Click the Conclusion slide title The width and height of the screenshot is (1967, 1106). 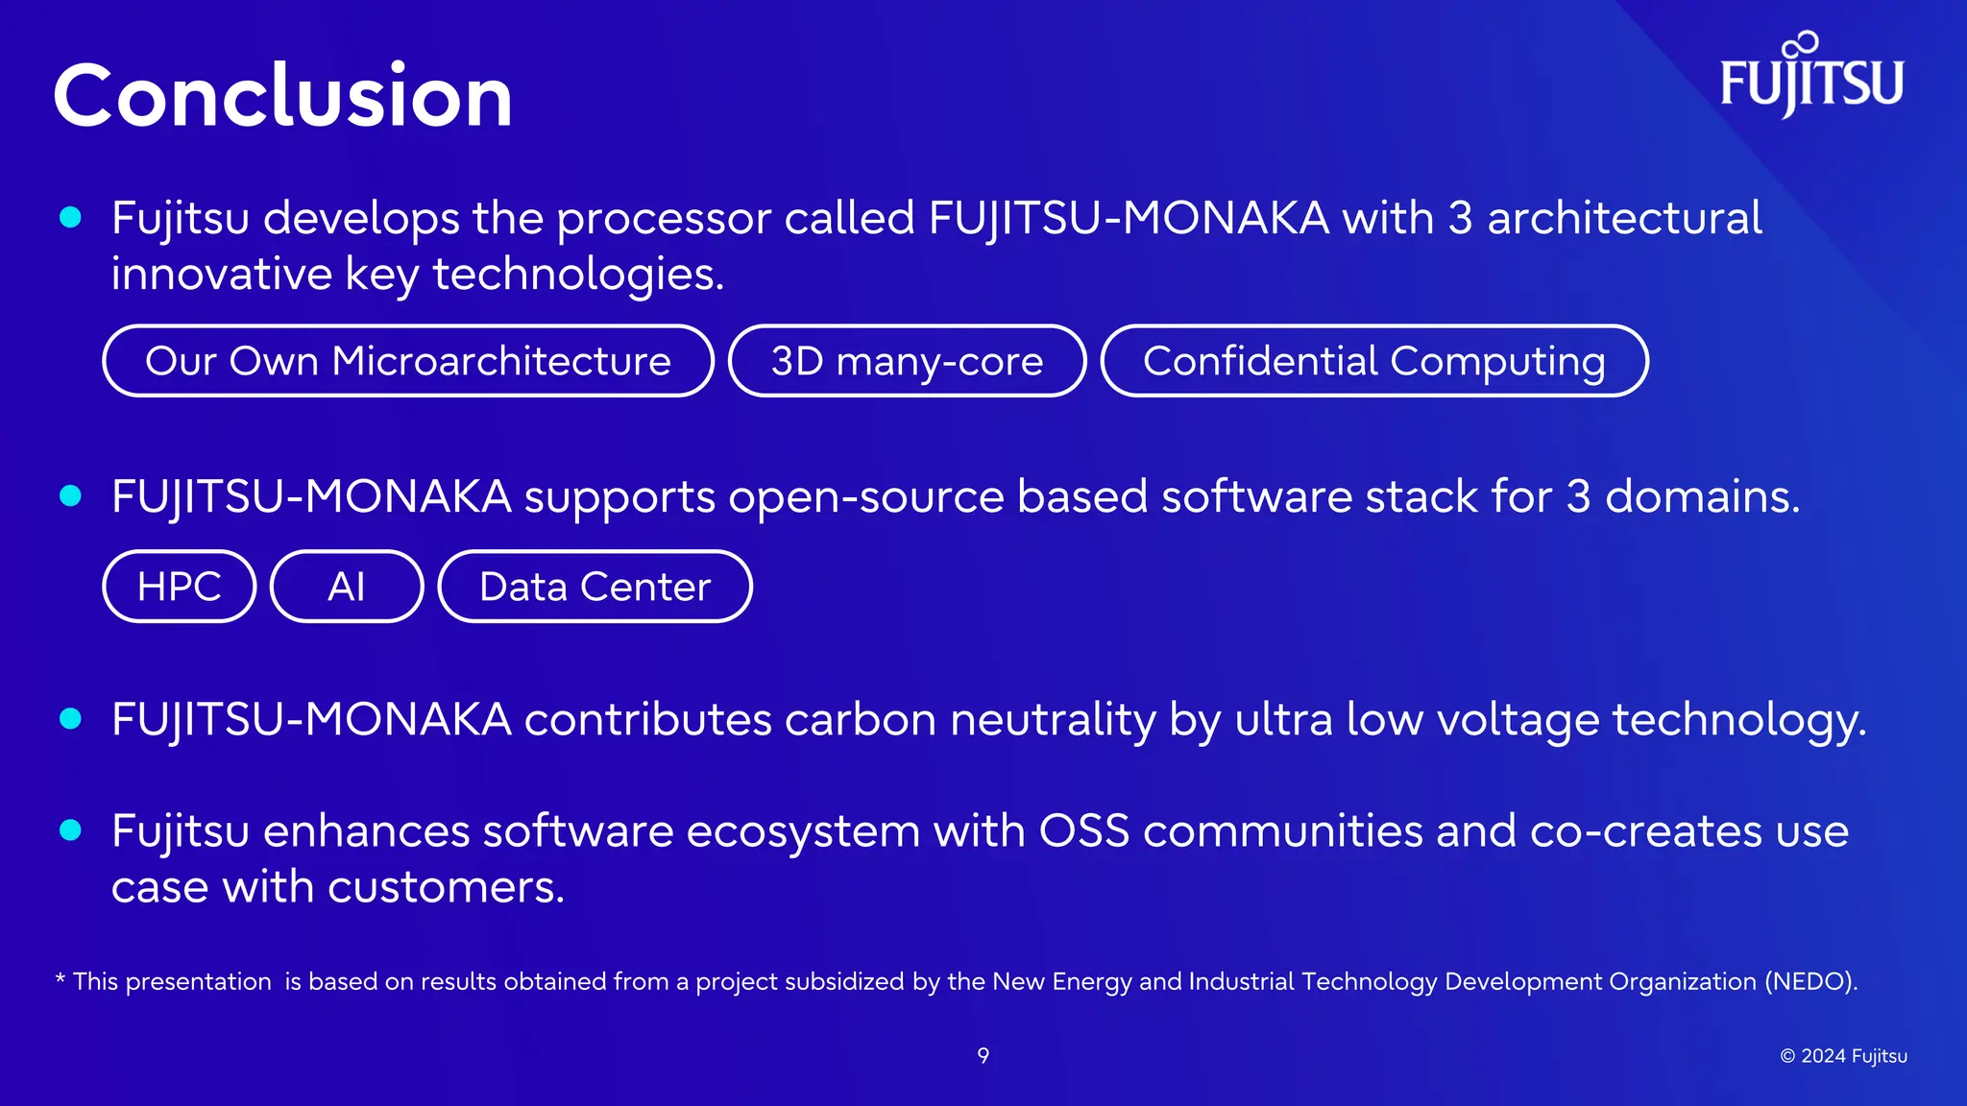click(282, 96)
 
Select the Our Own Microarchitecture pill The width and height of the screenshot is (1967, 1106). click(408, 361)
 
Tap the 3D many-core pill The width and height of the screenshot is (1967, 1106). click(907, 361)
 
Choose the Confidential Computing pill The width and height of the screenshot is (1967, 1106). click(1373, 361)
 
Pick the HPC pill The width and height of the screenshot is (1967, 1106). click(180, 587)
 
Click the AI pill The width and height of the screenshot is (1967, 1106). click(347, 587)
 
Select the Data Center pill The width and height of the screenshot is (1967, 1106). click(595, 587)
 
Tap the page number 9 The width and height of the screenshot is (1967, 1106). click(983, 1056)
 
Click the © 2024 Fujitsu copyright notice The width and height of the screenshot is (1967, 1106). click(1843, 1056)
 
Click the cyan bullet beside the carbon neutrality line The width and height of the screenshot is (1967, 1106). click(70, 718)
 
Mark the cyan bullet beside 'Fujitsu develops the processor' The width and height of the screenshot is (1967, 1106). click(70, 217)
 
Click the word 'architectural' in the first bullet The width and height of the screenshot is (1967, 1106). click(1624, 218)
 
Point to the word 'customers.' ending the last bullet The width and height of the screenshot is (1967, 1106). click(446, 887)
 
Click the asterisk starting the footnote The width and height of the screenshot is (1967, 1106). click(60, 978)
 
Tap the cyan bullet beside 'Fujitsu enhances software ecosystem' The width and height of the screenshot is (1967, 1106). click(70, 829)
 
